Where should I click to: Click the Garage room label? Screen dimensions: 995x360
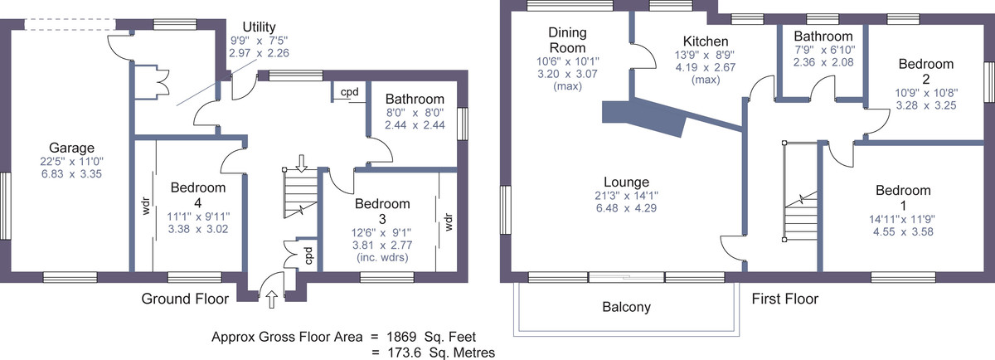tap(71, 148)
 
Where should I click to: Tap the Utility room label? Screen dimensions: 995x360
tap(259, 27)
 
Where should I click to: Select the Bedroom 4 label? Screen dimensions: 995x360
tap(198, 195)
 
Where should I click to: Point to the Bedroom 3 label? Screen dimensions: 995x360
tap(382, 212)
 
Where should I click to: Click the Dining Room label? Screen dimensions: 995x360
tap(568, 40)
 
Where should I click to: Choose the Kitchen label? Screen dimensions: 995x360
tap(706, 41)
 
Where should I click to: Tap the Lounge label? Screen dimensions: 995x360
tap(626, 182)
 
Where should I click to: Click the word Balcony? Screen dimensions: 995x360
tap(626, 307)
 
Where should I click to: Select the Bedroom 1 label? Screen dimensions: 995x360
tap(903, 197)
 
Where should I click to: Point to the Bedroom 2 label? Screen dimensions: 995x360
tap(926, 71)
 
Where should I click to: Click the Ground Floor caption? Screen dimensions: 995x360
tap(185, 299)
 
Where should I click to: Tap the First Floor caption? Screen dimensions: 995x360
tap(785, 299)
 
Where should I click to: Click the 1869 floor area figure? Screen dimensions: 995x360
tap(401, 337)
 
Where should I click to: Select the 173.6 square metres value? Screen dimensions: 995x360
tap(405, 353)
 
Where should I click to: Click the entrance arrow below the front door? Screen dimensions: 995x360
tap(272, 299)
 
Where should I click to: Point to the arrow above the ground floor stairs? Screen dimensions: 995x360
tap(302, 163)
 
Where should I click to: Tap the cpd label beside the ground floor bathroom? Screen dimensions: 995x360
tap(350, 92)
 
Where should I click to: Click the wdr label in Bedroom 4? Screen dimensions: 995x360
tap(146, 206)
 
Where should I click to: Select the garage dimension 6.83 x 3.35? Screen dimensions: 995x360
tap(71, 173)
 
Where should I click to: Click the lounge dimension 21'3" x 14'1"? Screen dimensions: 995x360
tap(626, 196)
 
